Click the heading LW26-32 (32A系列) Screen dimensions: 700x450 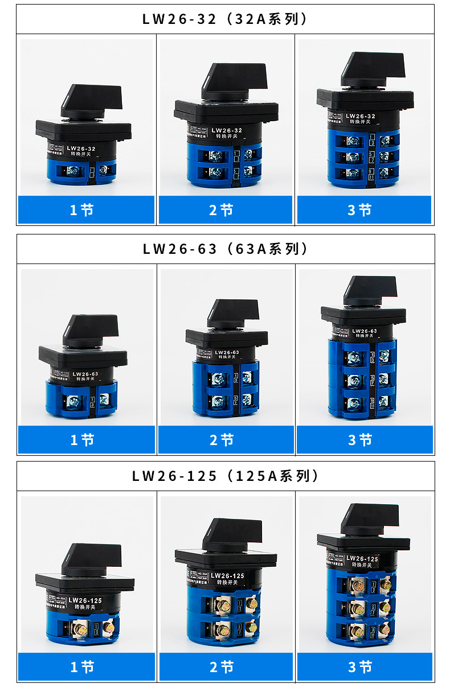click(225, 19)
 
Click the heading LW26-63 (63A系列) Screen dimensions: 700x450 click(225, 249)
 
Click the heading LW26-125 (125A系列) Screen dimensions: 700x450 click(225, 476)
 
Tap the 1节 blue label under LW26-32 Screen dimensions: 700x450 click(86, 210)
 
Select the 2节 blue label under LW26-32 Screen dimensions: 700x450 click(225, 210)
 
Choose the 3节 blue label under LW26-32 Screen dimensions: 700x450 click(364, 210)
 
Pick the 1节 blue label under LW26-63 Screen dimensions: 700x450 click(86, 440)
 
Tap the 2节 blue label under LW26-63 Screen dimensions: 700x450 click(225, 440)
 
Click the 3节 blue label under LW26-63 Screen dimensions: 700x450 click(364, 440)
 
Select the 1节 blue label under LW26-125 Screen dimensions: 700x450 click(86, 666)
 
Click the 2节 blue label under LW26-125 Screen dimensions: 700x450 click(225, 666)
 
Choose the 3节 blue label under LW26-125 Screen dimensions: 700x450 click(364, 666)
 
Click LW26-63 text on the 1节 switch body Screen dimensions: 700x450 click(85, 374)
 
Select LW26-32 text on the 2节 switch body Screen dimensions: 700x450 click(226, 130)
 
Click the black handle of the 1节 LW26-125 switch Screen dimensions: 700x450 click(91, 558)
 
